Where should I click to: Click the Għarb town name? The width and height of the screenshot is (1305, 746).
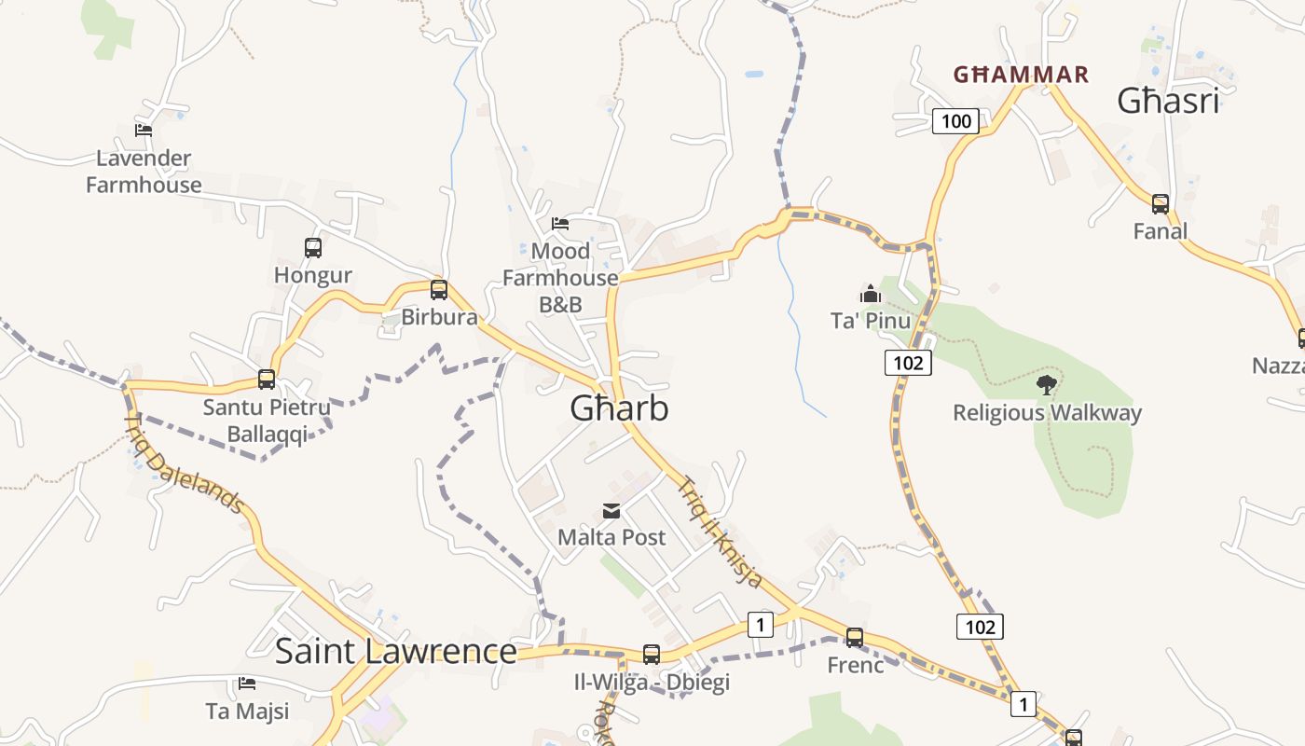[619, 408]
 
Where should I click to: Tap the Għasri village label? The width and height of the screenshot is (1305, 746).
[1168, 101]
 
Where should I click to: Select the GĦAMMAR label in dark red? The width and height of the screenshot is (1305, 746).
[1021, 75]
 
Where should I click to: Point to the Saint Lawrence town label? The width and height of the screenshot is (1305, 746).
[395, 651]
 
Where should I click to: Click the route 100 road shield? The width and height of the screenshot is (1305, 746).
[955, 120]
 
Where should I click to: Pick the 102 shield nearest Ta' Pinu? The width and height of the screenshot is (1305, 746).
[907, 363]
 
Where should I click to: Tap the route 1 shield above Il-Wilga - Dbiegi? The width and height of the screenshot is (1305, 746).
[761, 624]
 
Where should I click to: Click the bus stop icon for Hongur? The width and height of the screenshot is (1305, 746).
[313, 248]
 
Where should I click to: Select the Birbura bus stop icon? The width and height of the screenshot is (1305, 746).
[439, 290]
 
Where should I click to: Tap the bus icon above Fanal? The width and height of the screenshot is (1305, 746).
[1161, 204]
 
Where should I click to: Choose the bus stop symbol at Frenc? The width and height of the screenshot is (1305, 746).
[855, 638]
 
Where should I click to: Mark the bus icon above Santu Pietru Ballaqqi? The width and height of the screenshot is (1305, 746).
[267, 380]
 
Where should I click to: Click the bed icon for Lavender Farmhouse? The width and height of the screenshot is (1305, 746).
[144, 131]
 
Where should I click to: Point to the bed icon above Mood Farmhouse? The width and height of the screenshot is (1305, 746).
[560, 224]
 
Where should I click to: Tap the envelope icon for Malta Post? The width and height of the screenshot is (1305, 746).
[611, 511]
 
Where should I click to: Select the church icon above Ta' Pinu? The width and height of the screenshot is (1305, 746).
[871, 295]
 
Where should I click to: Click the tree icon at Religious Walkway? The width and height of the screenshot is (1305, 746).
[1047, 384]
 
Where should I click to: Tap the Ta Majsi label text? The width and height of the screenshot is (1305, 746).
[247, 711]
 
